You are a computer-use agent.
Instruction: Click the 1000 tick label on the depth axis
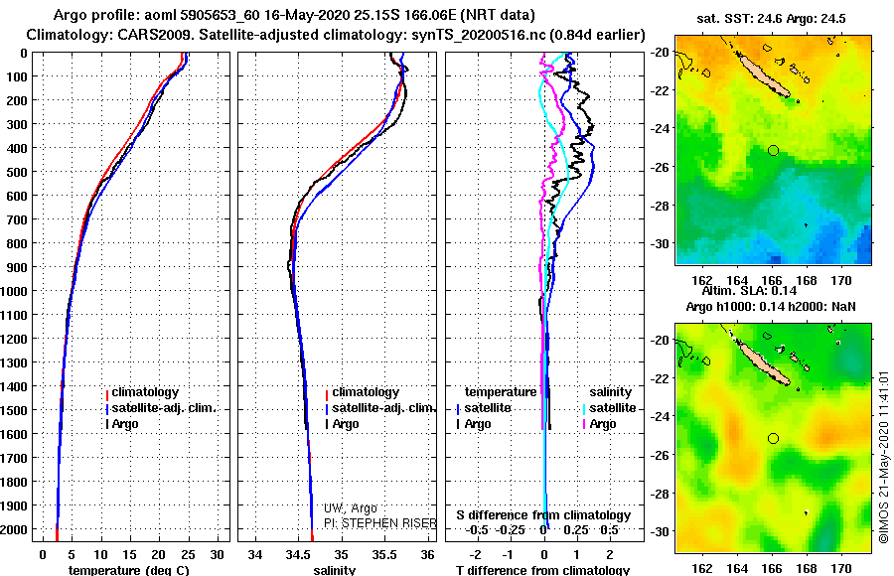click(x=15, y=291)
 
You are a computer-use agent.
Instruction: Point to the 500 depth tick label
click(x=18, y=172)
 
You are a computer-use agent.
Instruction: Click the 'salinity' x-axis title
click(x=335, y=570)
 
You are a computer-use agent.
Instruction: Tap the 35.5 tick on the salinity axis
click(x=385, y=553)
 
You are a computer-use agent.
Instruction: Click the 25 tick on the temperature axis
click(x=189, y=553)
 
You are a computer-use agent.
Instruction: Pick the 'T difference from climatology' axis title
click(x=542, y=570)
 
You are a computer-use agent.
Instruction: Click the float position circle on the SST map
click(x=773, y=150)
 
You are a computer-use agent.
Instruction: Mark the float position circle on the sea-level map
click(x=773, y=438)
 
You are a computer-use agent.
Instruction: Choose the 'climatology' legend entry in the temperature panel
click(x=144, y=392)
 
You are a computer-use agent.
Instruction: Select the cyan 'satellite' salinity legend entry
click(x=611, y=408)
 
